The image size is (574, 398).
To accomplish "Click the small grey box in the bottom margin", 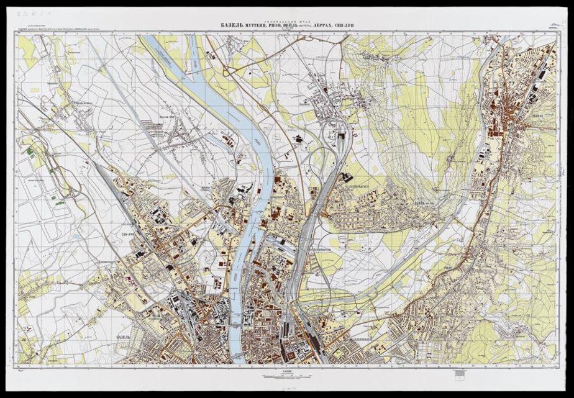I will coord(459,373).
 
